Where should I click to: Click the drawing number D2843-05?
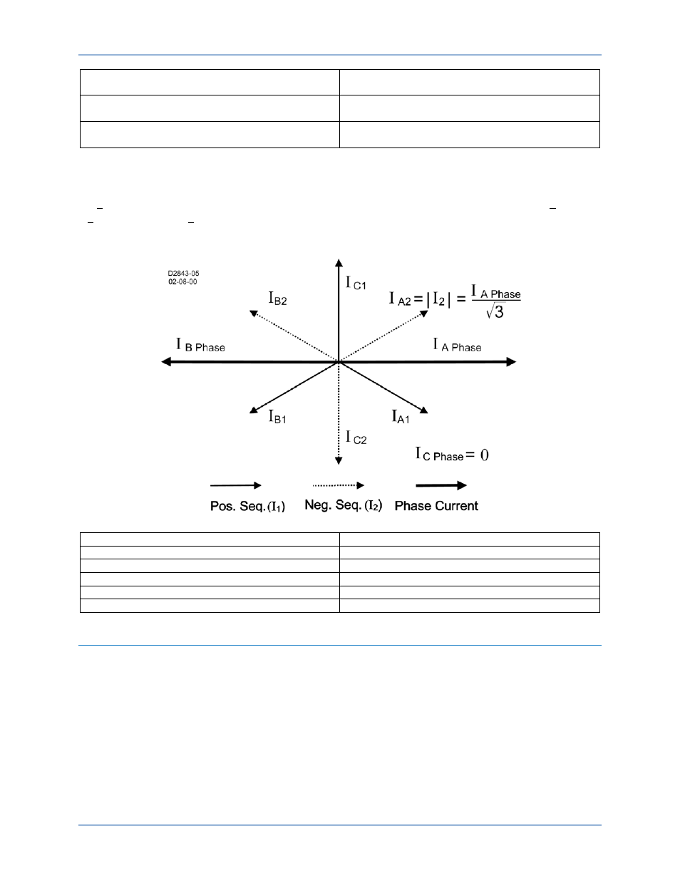(x=183, y=274)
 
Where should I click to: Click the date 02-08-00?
(x=182, y=281)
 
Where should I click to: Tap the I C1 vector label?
(x=356, y=283)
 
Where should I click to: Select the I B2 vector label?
(x=278, y=299)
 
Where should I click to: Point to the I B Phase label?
(x=200, y=345)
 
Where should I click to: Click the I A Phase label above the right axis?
(x=457, y=345)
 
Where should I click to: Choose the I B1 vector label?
(x=277, y=417)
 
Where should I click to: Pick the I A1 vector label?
(x=401, y=417)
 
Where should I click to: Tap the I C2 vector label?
(x=356, y=438)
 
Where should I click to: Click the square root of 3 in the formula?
(x=495, y=311)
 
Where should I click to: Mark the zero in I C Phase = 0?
(x=485, y=455)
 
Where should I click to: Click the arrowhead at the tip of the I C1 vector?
(x=339, y=262)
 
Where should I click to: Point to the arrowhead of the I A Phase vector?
(x=512, y=362)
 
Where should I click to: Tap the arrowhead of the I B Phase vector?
(x=166, y=362)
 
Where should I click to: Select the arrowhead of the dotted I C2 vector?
(x=339, y=461)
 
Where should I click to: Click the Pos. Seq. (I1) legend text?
(x=247, y=506)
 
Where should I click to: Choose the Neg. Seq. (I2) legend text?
(x=344, y=505)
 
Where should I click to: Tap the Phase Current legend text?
(x=436, y=506)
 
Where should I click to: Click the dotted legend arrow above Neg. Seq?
(x=339, y=485)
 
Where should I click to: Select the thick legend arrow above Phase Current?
(x=441, y=485)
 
